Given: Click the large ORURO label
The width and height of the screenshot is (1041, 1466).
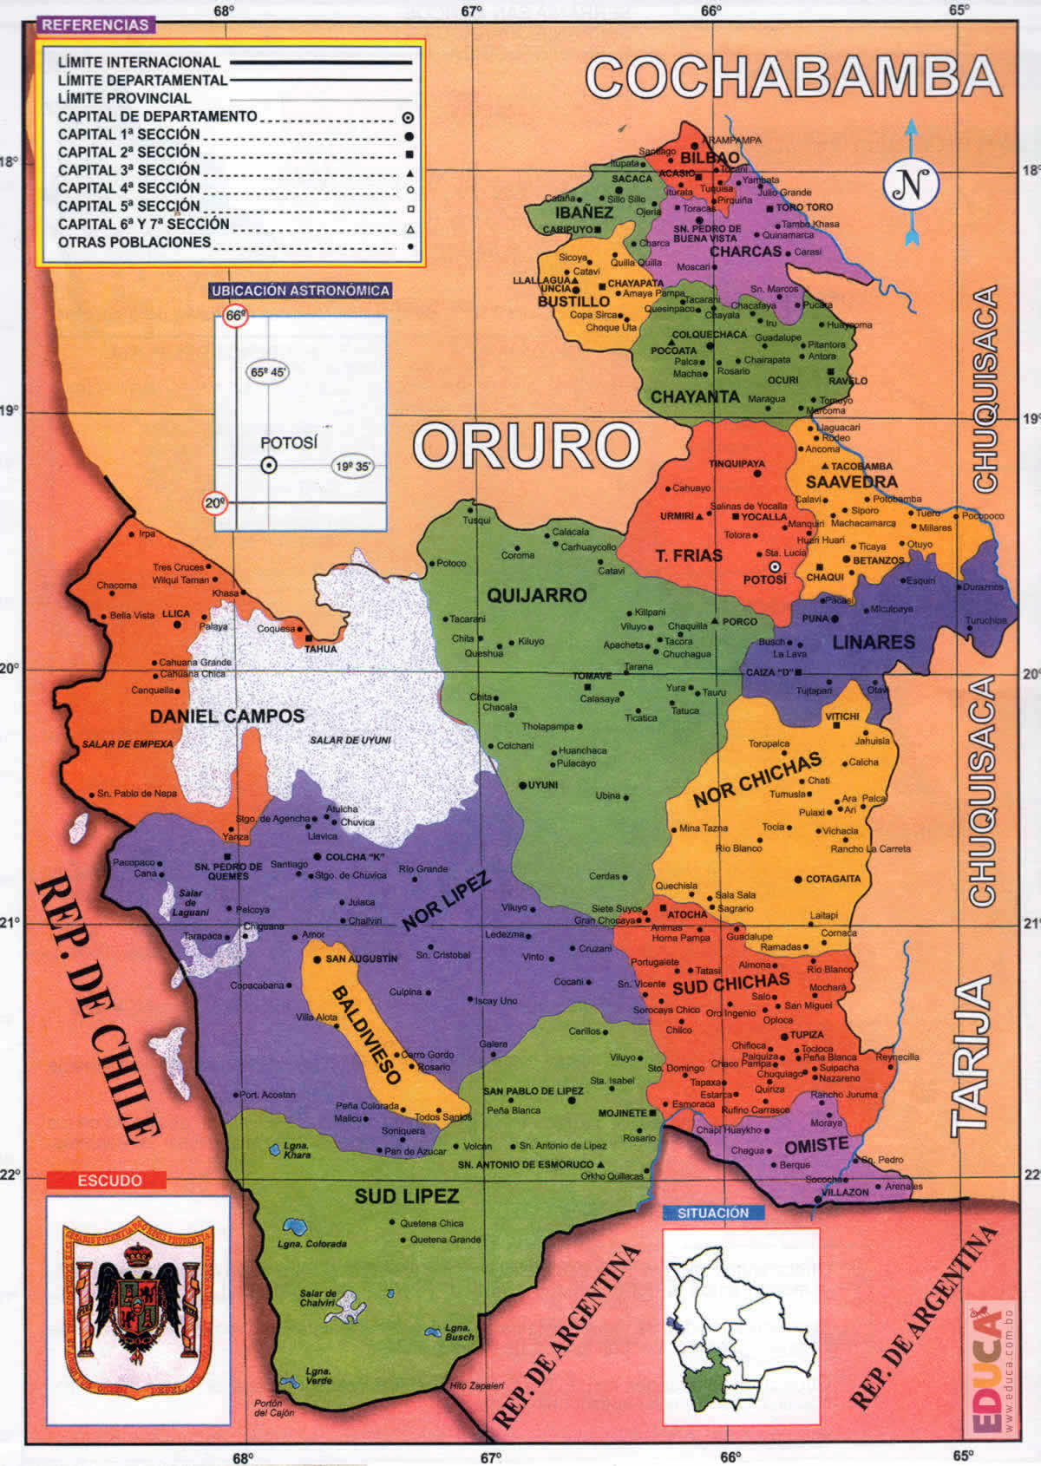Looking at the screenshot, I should point(526,446).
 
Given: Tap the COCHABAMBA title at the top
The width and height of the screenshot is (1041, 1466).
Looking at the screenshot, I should point(793,77).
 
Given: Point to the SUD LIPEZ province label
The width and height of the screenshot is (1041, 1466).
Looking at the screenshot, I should point(406,1196).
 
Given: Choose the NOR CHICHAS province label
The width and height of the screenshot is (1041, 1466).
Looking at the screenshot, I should point(756,779).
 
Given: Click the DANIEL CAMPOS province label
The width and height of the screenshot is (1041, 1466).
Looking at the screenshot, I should point(227,717).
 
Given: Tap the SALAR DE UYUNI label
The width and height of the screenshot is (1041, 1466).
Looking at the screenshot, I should point(350,740).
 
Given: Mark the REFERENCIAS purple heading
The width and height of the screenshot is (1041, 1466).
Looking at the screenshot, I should point(95,25).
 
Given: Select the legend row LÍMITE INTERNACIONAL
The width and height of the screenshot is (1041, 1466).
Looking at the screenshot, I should point(139,62).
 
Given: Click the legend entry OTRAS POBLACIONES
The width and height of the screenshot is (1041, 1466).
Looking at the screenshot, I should point(134,242).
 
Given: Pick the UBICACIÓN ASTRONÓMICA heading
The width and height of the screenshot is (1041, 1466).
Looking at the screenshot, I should point(300,291).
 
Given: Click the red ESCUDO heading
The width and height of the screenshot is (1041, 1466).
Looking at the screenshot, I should point(109,1181).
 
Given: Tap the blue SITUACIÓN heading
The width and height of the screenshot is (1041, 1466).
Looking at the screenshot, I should point(713,1213).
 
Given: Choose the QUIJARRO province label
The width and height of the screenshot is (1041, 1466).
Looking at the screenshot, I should point(536,595).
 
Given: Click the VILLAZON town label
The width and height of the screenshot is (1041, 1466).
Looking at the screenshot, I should point(844,1192).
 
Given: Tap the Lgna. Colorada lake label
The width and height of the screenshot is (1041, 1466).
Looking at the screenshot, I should point(312,1244).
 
